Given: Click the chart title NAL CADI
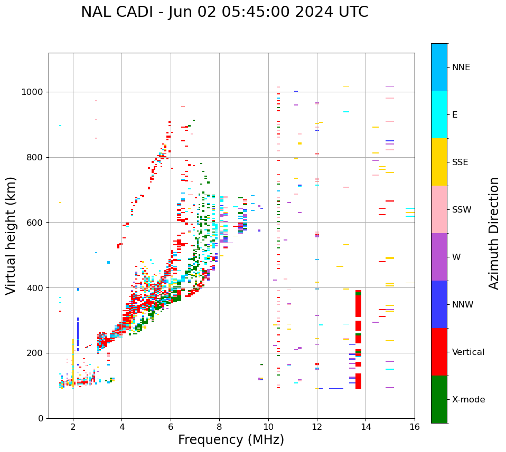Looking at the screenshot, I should point(224,12).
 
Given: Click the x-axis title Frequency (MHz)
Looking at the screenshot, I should point(231,440).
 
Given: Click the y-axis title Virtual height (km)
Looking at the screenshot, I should point(11,236).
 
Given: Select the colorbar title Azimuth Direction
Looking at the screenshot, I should point(494,233).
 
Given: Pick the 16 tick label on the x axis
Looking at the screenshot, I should point(415,427).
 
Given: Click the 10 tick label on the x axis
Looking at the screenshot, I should point(268,427).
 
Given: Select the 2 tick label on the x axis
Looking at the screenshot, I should point(73,427).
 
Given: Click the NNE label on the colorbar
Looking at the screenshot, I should point(461,68).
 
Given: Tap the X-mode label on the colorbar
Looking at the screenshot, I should point(468,400).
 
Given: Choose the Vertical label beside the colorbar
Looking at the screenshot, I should point(468,352).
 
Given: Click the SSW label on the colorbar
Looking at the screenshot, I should point(462,210).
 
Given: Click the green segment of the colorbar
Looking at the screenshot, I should point(439,399).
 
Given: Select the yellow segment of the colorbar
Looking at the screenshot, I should point(439,162).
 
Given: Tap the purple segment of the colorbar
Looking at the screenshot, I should point(439,257).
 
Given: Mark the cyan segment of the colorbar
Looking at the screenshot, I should point(439,114).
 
